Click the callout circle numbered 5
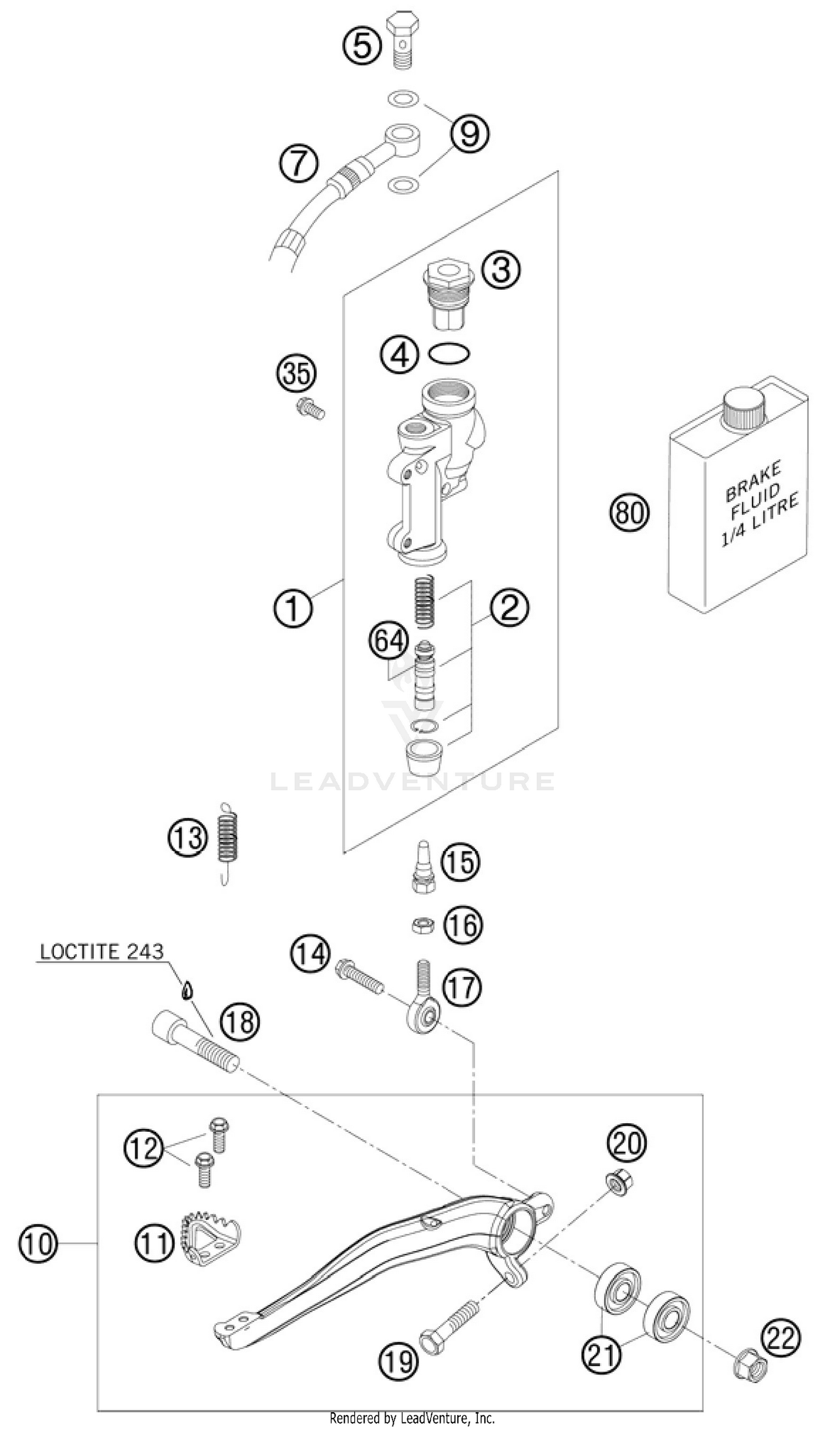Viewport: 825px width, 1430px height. [x=361, y=45]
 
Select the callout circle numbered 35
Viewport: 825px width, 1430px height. [x=297, y=375]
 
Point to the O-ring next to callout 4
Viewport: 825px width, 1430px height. [x=449, y=354]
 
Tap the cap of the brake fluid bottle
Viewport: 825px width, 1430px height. [x=744, y=406]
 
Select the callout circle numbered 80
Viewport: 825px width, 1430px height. [x=630, y=513]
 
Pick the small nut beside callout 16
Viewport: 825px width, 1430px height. [x=423, y=926]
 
